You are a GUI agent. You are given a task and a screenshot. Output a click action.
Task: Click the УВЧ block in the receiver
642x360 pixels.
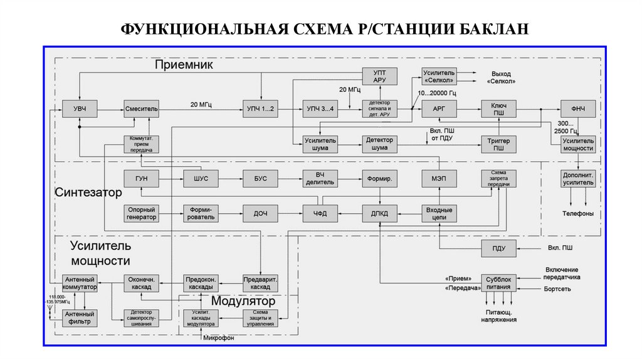click(80, 109)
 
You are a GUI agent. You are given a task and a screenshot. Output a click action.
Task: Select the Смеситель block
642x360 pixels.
click(141, 109)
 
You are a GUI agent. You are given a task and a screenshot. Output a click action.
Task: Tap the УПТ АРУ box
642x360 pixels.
click(380, 77)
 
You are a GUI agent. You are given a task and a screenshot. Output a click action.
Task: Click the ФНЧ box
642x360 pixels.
click(577, 109)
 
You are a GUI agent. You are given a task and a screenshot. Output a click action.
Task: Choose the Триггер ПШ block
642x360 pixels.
click(499, 144)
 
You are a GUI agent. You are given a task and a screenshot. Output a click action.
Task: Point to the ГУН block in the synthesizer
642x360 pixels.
click(141, 179)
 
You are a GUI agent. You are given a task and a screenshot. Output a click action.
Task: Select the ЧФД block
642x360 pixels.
click(320, 214)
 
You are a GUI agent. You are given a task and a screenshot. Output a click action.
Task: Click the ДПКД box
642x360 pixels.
click(380, 214)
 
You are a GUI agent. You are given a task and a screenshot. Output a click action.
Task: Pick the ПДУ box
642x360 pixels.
click(499, 248)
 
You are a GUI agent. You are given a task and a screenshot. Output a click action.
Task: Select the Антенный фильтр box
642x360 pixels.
click(80, 317)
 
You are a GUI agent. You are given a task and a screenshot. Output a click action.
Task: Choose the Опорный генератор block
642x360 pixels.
click(141, 214)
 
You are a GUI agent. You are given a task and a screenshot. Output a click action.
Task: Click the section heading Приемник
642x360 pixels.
click(184, 65)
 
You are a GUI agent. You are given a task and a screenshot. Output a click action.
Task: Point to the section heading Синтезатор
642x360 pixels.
click(88, 193)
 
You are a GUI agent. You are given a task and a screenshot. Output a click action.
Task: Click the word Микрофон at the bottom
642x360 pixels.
click(218, 338)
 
